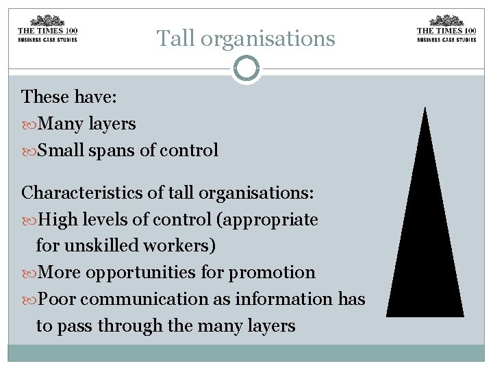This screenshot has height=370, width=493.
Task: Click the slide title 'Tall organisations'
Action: (x=246, y=38)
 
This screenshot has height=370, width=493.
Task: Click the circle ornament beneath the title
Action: (x=246, y=69)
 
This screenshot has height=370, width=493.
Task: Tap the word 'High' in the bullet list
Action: (x=57, y=220)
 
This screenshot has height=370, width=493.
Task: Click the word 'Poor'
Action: (x=57, y=299)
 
